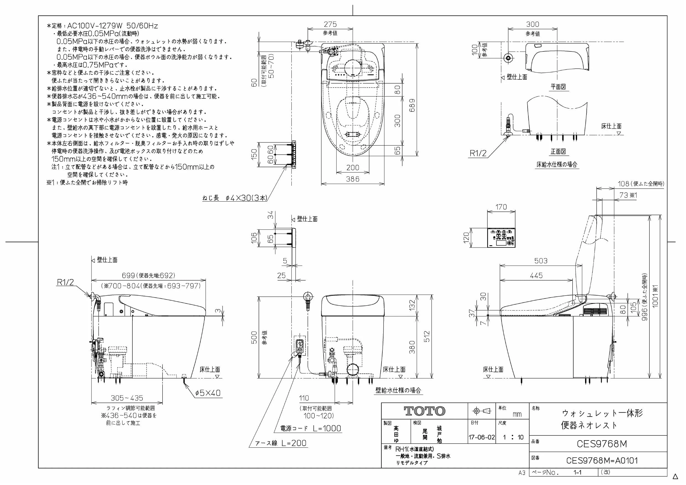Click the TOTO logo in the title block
tap(424, 411)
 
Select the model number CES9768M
tap(602, 444)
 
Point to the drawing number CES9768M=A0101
tap(602, 460)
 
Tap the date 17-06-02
tap(482, 437)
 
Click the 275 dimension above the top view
tap(330, 24)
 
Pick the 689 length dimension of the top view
tap(412, 105)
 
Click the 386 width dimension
tap(353, 179)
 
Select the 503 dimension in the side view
tap(541, 261)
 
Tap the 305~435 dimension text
tap(127, 398)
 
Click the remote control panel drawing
tap(501, 238)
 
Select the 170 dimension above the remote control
tap(501, 207)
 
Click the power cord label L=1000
tap(327, 429)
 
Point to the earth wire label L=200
tap(294, 443)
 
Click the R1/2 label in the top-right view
tap(478, 153)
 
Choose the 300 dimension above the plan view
tap(533, 24)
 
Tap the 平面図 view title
tap(558, 87)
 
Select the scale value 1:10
tap(513, 437)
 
